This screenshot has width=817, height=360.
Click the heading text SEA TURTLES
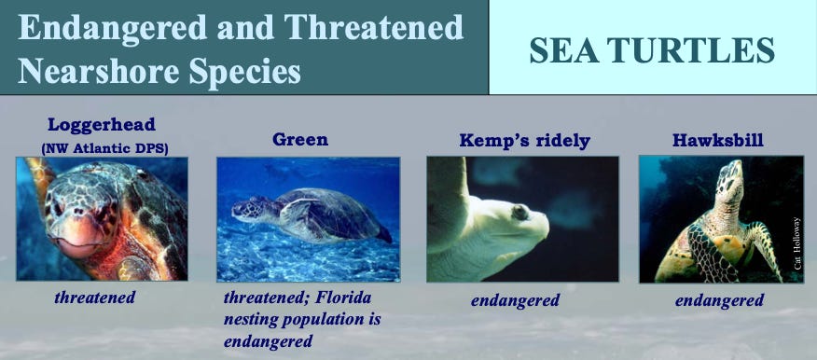[652, 50]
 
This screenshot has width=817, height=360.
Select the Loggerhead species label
[102, 125]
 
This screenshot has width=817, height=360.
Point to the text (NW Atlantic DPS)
[104, 148]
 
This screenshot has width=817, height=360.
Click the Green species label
[300, 140]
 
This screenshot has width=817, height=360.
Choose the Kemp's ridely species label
[525, 141]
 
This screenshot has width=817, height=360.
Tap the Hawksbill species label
[718, 140]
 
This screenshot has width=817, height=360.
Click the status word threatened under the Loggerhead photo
[94, 298]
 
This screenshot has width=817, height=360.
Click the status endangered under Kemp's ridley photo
[515, 300]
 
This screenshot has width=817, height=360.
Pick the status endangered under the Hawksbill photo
[719, 300]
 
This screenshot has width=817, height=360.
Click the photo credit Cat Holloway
[797, 242]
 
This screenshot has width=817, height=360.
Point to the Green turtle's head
[249, 207]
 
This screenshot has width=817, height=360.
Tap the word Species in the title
[245, 71]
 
